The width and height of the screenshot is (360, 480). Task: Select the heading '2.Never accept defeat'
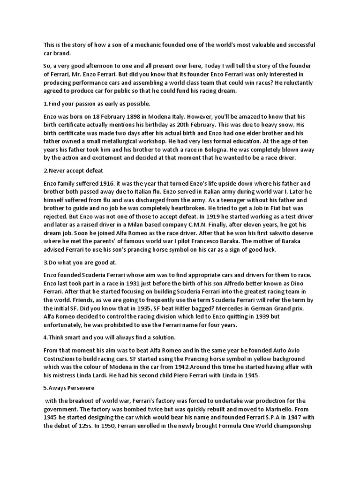click(x=73, y=171)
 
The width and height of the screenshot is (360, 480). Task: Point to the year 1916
click(x=104, y=183)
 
